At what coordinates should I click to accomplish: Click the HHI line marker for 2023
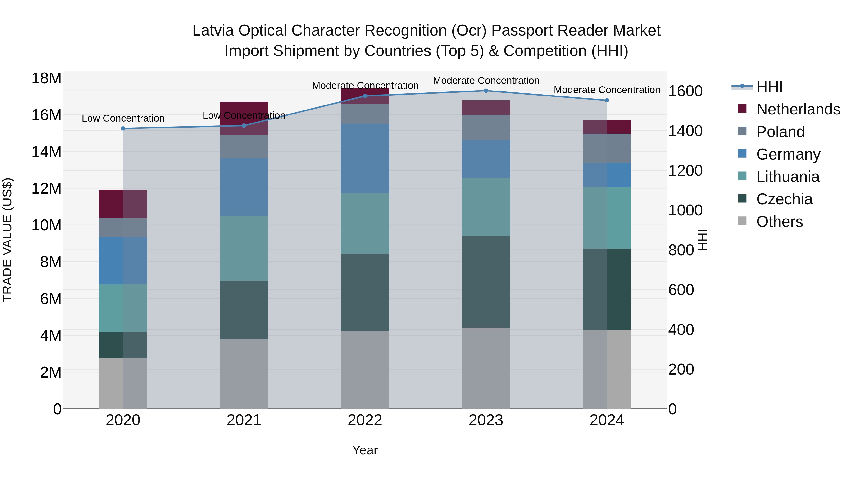486,91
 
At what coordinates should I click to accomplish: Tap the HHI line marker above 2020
123,128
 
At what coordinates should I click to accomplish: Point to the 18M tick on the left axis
46,78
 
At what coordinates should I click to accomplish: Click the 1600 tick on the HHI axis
685,91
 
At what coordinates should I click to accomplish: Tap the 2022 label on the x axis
365,420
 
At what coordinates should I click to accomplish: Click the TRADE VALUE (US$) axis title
7,240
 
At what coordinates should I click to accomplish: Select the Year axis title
365,450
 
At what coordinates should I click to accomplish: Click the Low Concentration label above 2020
123,118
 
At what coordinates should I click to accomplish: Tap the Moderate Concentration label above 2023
486,81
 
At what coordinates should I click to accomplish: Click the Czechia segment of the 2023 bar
486,282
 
